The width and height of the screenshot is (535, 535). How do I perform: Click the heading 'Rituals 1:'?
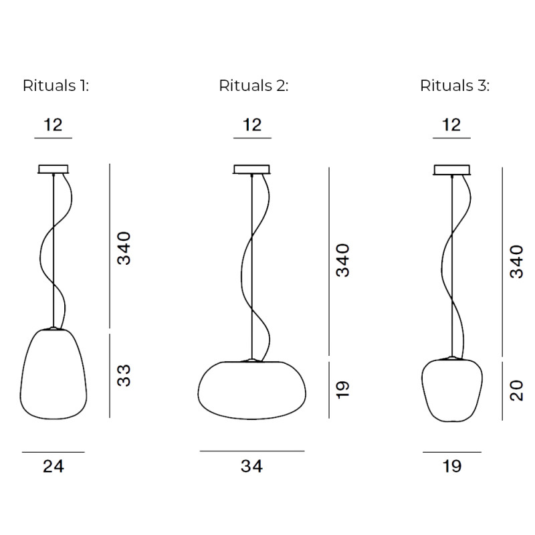56,86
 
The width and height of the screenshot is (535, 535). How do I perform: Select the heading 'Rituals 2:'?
253,86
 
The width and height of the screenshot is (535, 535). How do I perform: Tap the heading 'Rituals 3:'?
455,86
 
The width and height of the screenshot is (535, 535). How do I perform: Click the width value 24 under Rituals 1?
53,466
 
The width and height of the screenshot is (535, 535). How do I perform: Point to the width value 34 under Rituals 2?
252,466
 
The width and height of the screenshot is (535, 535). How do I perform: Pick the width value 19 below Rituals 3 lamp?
452,466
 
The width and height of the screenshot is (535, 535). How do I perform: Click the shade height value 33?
125,375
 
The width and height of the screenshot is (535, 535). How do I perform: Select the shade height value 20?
516,391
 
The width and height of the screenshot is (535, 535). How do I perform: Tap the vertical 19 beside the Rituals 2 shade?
343,390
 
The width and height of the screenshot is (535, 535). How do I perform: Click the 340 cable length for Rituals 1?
125,247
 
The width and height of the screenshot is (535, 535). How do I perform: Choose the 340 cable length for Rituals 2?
343,261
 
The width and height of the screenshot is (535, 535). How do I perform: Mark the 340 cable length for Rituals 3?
516,261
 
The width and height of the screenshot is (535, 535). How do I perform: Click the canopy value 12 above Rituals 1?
53,125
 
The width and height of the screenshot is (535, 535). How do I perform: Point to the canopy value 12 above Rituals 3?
452,125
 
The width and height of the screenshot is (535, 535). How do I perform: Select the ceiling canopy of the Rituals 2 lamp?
252,169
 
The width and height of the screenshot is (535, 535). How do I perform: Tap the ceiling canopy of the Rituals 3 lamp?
452,169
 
